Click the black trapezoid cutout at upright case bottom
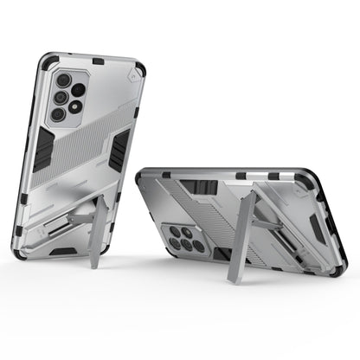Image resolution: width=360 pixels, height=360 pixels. coord(64,253)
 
